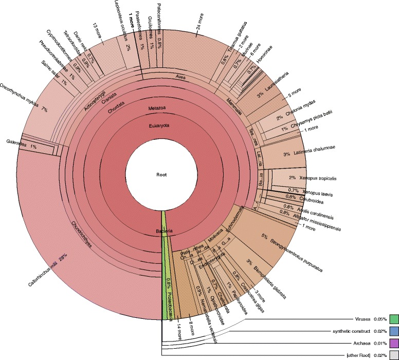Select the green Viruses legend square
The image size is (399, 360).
[394, 319]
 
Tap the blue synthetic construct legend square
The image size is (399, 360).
[394, 331]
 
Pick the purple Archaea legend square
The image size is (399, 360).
[394, 343]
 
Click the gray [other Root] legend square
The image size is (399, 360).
[394, 354]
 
